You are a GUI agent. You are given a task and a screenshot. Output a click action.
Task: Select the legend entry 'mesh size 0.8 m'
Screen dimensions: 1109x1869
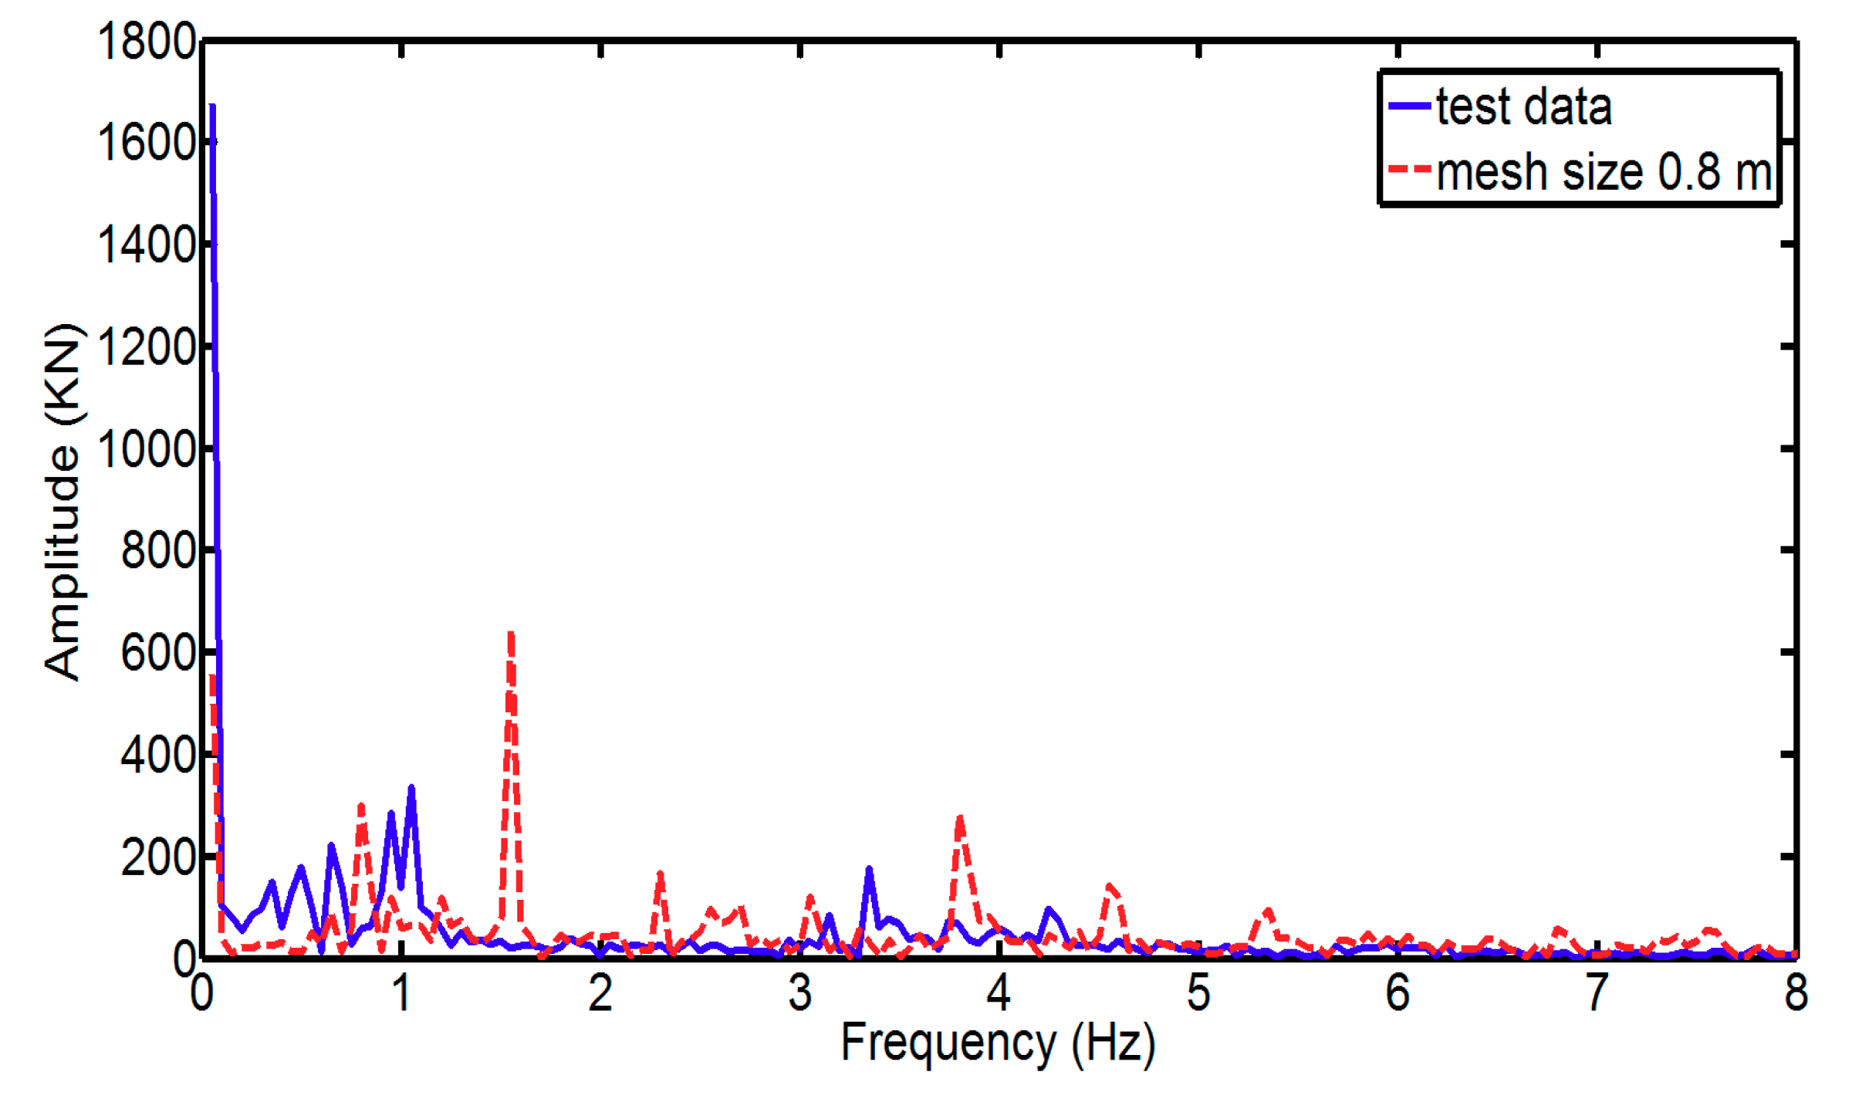[x=1603, y=171]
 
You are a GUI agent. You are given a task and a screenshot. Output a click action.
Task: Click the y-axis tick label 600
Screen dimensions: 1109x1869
[x=157, y=653]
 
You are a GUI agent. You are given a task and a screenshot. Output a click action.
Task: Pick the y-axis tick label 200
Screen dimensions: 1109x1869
[x=157, y=857]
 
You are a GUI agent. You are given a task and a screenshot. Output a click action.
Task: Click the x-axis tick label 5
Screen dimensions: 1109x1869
[x=1198, y=992]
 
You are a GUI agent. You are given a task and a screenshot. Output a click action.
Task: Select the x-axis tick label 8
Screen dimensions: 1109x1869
[x=1796, y=992]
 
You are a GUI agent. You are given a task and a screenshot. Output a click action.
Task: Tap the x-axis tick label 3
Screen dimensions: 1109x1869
[x=799, y=992]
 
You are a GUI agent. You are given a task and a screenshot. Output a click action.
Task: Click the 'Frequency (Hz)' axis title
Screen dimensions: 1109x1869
[x=998, y=1043]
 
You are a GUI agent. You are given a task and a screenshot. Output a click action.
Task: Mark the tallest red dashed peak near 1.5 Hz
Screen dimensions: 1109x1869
[x=510, y=634]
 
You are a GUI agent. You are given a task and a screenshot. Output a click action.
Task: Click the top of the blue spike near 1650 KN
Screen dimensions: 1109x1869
[x=212, y=107]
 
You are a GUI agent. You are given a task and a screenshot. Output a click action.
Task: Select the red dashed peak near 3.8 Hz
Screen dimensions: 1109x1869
[x=959, y=818]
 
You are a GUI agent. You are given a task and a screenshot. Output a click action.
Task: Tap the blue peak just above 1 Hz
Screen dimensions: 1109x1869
[x=411, y=789]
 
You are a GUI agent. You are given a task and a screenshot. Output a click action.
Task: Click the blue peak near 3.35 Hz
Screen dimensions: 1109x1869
[x=869, y=869]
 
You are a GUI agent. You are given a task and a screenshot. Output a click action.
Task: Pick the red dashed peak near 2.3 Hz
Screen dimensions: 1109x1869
[x=660, y=874]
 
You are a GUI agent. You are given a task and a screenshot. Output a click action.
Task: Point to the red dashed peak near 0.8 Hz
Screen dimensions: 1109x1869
[x=361, y=806]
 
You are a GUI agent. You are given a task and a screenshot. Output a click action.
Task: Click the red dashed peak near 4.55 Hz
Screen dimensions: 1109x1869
[x=1110, y=886]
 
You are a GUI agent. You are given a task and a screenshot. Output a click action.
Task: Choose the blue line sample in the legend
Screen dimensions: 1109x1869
[x=1409, y=106]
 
